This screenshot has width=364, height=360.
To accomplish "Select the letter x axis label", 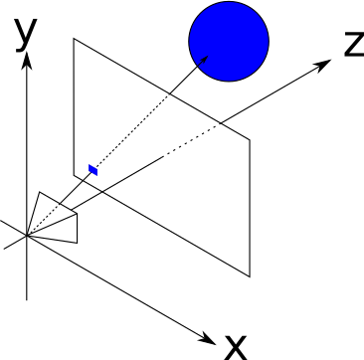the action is (235, 345).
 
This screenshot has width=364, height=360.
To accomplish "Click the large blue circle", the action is (230, 41).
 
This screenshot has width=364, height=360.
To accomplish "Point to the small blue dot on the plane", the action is (93, 170).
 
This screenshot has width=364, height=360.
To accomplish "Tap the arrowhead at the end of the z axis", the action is (324, 63).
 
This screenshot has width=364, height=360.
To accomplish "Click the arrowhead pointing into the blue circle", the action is (204, 60).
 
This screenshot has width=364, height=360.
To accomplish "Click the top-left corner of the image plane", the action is (73, 40).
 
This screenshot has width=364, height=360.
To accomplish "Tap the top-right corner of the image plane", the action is (250, 138).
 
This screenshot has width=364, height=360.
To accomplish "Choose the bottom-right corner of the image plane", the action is (250, 276).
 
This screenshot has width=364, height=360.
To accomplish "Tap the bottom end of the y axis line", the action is (29, 298).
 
